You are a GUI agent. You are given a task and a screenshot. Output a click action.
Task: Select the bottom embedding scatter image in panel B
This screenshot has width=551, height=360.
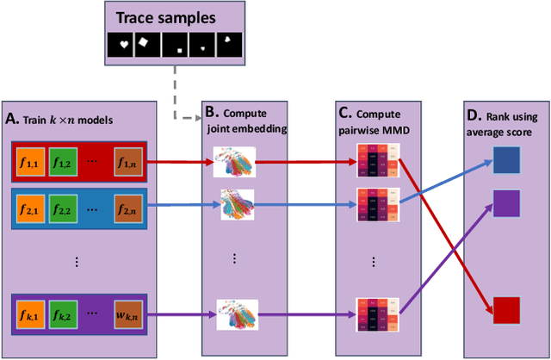point(234,314)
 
